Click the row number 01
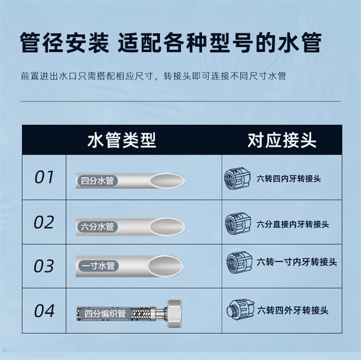point(44,177)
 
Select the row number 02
point(44,222)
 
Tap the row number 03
point(44,266)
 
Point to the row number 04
point(44,311)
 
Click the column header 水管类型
point(122,140)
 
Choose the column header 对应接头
point(282,140)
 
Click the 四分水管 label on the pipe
point(97,180)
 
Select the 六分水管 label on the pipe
point(97,227)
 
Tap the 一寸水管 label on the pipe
point(98,266)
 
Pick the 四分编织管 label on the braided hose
point(105,314)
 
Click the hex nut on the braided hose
point(174,314)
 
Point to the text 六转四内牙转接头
point(289,179)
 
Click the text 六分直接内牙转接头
point(293,224)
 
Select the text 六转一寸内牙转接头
point(297,262)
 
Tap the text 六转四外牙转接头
point(293,310)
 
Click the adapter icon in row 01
point(237,179)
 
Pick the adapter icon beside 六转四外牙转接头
point(240,310)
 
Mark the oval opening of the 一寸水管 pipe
point(166,266)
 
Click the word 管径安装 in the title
point(64,43)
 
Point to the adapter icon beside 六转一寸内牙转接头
point(240,262)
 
